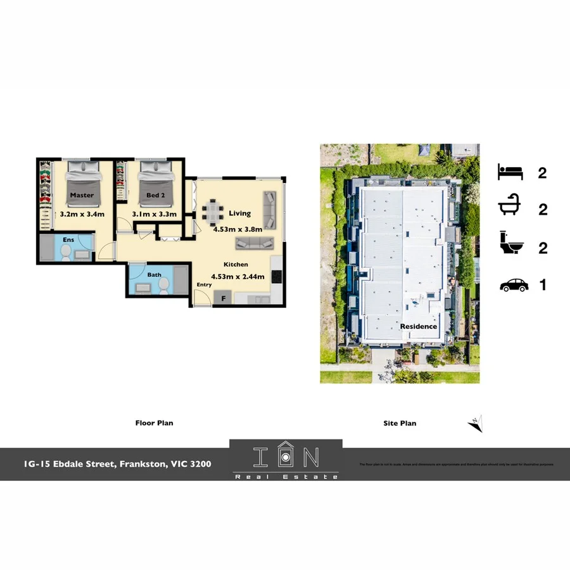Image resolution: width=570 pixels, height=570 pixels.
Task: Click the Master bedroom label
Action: [82, 195]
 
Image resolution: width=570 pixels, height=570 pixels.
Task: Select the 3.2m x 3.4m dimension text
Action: [82, 215]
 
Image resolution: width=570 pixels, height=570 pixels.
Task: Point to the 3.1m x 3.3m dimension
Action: [153, 215]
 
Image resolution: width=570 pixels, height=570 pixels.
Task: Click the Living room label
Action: [240, 213]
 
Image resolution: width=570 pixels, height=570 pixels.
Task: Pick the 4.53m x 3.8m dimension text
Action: [240, 229]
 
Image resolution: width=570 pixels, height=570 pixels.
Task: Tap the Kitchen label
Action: [236, 264]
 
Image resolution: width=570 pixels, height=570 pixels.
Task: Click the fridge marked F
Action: [223, 298]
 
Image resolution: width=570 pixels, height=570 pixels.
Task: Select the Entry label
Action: [204, 284]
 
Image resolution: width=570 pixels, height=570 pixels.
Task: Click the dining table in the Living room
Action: [213, 212]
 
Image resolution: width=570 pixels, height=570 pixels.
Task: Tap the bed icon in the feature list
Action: [510, 172]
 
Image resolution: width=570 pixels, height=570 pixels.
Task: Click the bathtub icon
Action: [510, 208]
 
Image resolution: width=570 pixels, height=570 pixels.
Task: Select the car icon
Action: [514, 286]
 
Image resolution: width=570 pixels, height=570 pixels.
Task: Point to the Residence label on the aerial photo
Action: [419, 326]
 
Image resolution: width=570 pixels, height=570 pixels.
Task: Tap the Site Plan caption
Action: [400, 423]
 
